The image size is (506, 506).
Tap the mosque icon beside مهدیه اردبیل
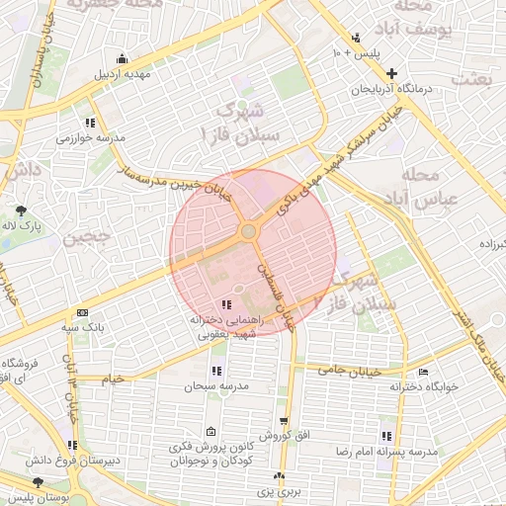pyautogui.click(x=122, y=56)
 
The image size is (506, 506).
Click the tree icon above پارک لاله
pyautogui.click(x=21, y=210)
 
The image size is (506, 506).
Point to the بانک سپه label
pyautogui.click(x=84, y=325)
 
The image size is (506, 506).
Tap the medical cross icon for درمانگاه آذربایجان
pyautogui.click(x=392, y=73)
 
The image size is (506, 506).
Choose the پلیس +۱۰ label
pyautogui.click(x=353, y=51)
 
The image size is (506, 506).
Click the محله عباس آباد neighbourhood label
pyautogui.click(x=421, y=187)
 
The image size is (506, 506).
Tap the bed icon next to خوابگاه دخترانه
pyautogui.click(x=423, y=372)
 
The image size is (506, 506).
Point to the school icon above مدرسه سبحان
pyautogui.click(x=215, y=371)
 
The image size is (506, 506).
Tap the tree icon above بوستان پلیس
pyautogui.click(x=38, y=482)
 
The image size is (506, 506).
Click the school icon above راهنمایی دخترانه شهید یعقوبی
pyautogui.click(x=227, y=305)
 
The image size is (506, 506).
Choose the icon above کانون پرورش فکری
pyautogui.click(x=211, y=432)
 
